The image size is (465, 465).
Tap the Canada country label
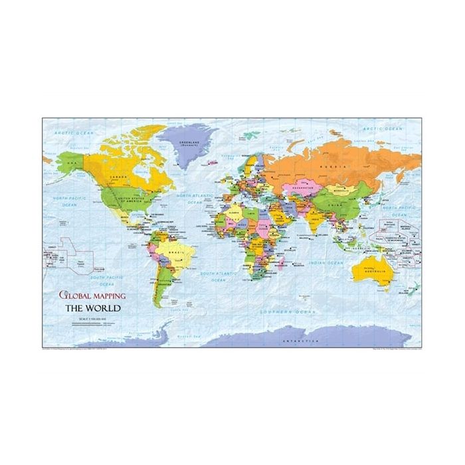pos(118,177)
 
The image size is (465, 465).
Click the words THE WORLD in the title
pos(92,308)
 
